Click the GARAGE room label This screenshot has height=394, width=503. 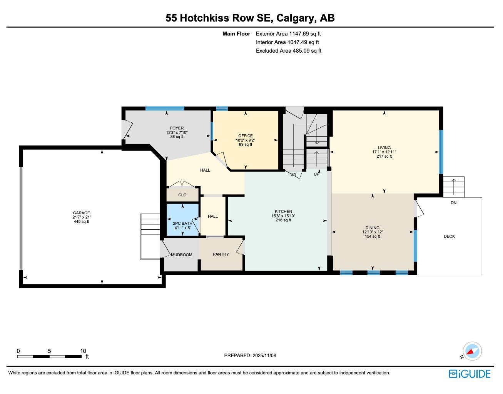pyautogui.click(x=82, y=213)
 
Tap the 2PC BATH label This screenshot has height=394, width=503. pyautogui.click(x=182, y=223)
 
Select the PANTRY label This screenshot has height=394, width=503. pyautogui.click(x=221, y=254)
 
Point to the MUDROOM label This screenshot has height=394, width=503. pyautogui.click(x=181, y=255)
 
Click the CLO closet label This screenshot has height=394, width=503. pyautogui.click(x=182, y=195)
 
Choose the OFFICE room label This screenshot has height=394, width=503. pyautogui.click(x=246, y=136)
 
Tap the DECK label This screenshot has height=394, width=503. pyautogui.click(x=449, y=236)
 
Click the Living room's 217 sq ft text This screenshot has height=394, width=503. pyautogui.click(x=384, y=157)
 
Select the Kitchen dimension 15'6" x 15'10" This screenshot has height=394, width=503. pyautogui.click(x=283, y=216)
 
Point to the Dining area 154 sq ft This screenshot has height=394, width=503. pyautogui.click(x=372, y=237)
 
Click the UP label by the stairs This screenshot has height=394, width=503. pyautogui.click(x=317, y=174)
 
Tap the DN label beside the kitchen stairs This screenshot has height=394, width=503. pyautogui.click(x=294, y=174)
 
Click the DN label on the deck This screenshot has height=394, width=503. pyautogui.click(x=453, y=203)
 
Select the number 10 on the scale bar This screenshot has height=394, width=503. pyautogui.click(x=83, y=351)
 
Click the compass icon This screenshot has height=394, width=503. pyautogui.click(x=472, y=351)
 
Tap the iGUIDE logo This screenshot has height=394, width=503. pyautogui.click(x=470, y=374)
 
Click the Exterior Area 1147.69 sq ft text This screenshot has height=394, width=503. pyautogui.click(x=288, y=34)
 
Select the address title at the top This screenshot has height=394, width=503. pyautogui.click(x=250, y=18)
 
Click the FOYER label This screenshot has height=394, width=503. pyautogui.click(x=177, y=128)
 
